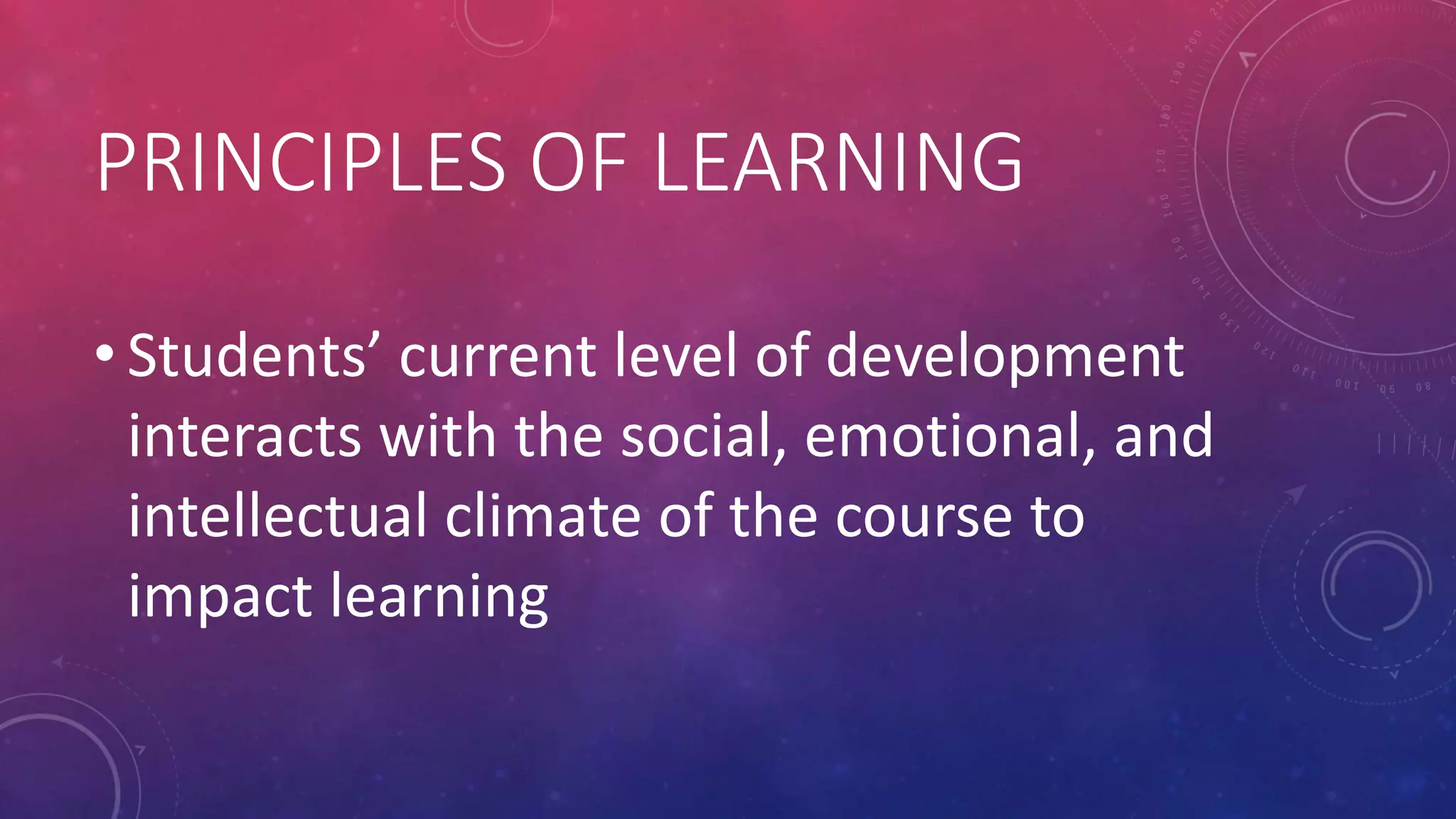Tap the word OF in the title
tap(577, 163)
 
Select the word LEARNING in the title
tap(838, 163)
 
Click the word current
tap(497, 357)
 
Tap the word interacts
tap(245, 437)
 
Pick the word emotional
tap(950, 437)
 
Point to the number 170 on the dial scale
tap(1162, 161)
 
